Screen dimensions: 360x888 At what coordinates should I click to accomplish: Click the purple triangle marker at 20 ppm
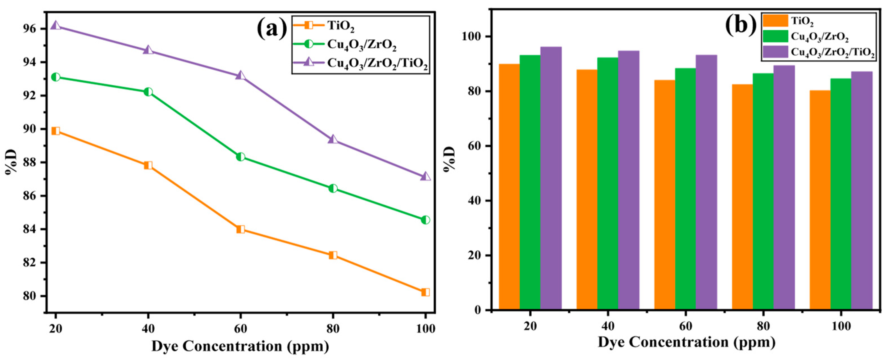[56, 26]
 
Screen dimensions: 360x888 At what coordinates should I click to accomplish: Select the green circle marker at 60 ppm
[241, 157]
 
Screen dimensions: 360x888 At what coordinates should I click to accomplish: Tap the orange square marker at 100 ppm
[425, 292]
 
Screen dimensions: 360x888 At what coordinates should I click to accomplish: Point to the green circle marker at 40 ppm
[148, 92]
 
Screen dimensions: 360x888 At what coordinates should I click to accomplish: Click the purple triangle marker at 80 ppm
[333, 139]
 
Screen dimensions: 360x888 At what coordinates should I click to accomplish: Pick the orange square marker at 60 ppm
[241, 229]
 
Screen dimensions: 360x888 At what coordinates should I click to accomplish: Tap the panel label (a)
[272, 29]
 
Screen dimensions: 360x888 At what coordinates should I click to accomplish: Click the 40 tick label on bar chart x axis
[607, 326]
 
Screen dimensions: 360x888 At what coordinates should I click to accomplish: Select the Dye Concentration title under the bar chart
[686, 342]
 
